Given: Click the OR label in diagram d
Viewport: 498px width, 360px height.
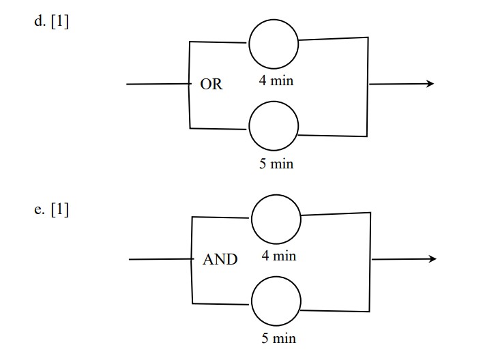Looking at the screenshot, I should click(x=211, y=85).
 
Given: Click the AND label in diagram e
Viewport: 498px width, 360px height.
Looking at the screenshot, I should click(x=220, y=260).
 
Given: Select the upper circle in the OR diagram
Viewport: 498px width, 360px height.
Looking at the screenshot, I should click(x=274, y=44).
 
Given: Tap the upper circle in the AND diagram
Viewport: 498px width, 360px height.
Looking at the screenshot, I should click(x=276, y=218).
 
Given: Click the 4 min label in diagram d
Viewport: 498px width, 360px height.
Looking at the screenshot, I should click(x=276, y=81).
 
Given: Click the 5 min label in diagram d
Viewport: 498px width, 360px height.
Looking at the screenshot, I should click(x=276, y=164).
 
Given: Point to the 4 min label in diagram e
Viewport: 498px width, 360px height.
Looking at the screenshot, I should click(x=279, y=256).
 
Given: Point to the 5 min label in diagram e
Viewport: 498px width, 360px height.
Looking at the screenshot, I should click(x=279, y=339).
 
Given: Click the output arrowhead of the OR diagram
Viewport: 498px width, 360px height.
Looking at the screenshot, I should click(x=430, y=84).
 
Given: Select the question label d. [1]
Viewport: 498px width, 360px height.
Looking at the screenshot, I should click(x=51, y=22).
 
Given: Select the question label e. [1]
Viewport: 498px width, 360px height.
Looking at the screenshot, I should click(x=51, y=209).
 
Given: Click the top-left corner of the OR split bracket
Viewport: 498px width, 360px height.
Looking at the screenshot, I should click(x=190, y=42).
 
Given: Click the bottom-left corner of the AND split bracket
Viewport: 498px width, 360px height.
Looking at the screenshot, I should click(x=192, y=303).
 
